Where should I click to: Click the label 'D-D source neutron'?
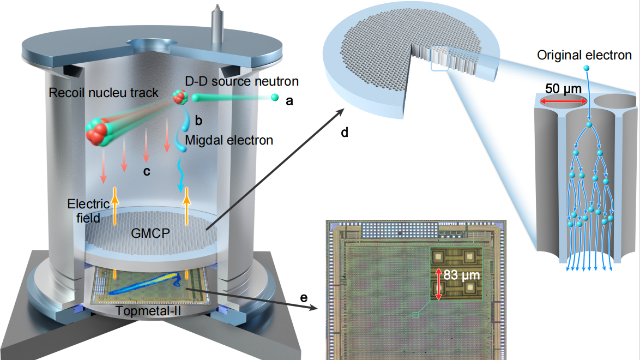(242, 82)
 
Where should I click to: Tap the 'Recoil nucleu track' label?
(103, 93)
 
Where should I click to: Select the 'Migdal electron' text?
(229, 140)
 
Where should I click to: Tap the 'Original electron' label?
(584, 55)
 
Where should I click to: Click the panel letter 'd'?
(344, 132)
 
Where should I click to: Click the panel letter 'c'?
(146, 171)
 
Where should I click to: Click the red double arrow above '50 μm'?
(564, 101)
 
